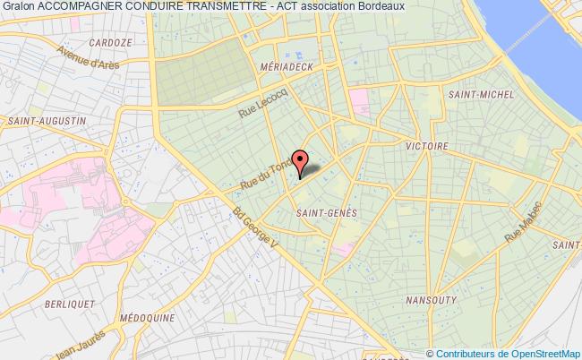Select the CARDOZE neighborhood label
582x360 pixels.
click(x=110, y=42)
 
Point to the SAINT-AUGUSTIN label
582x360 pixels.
click(x=47, y=120)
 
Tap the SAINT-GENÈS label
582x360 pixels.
click(x=326, y=212)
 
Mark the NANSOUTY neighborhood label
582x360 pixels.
click(x=432, y=300)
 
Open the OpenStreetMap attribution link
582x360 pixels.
click(x=532, y=352)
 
